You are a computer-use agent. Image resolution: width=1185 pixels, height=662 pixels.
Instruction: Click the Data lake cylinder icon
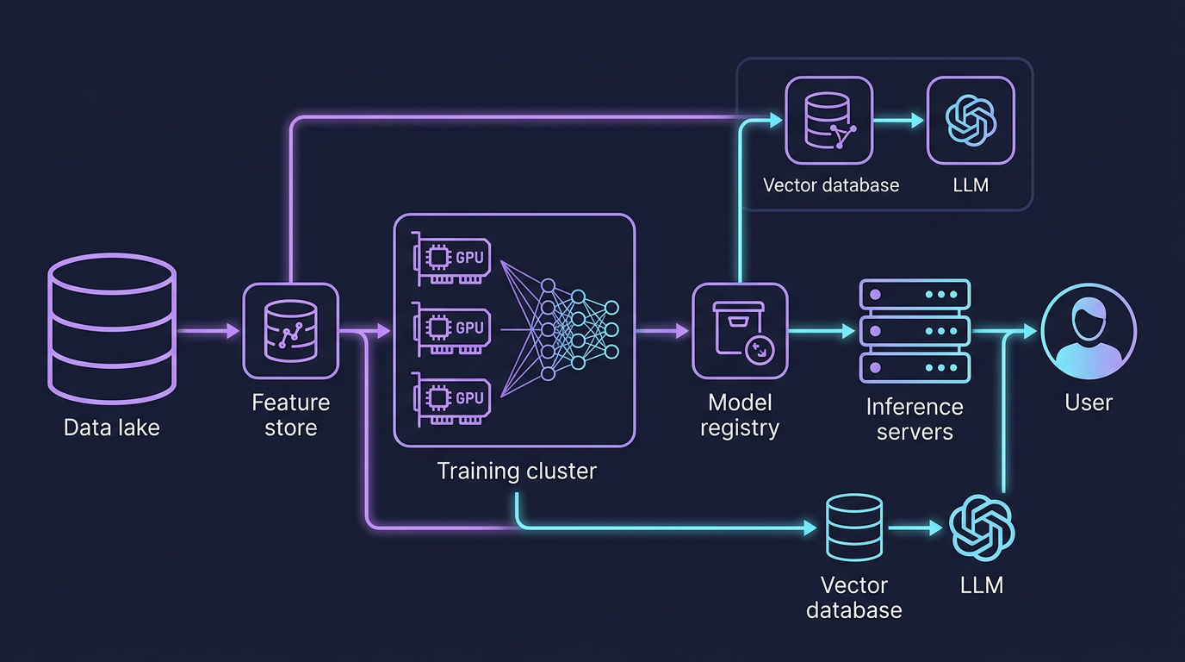point(112,330)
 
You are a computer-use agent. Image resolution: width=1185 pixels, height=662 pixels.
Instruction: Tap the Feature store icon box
point(290,331)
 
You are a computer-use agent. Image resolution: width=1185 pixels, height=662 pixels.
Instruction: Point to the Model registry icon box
point(740,331)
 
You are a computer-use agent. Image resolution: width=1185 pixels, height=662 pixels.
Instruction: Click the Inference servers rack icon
point(915,331)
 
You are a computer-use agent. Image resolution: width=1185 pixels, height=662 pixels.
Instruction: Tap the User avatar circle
point(1089,331)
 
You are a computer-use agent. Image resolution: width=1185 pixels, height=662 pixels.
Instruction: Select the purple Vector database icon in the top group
point(829,121)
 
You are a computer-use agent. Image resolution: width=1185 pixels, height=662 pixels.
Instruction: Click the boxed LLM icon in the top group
point(971,121)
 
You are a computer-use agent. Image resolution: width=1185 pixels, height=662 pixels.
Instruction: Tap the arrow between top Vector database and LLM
point(899,122)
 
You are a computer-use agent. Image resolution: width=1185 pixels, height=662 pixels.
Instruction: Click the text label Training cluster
point(516,472)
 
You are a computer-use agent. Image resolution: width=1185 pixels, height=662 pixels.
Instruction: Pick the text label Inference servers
point(915,419)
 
